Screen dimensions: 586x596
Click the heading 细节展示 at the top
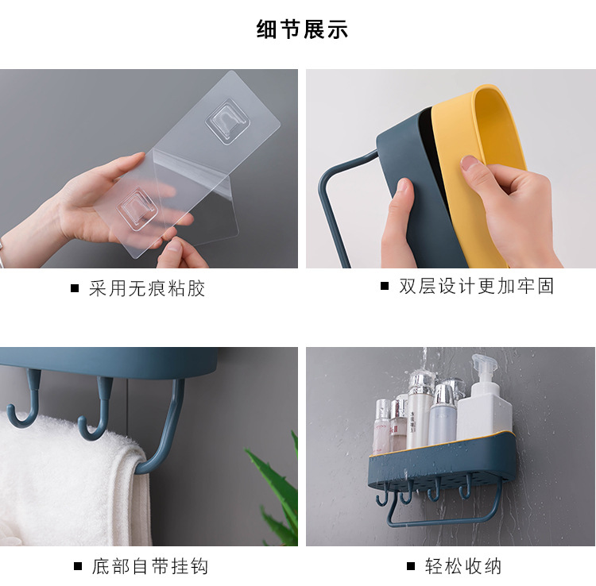tap(302, 30)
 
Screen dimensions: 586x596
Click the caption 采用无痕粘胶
tap(147, 288)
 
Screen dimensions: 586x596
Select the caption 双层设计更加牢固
tap(476, 286)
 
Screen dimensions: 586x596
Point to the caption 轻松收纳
tap(463, 566)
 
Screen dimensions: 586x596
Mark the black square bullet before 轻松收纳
tap(411, 567)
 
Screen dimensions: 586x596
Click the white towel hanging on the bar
tap(64, 476)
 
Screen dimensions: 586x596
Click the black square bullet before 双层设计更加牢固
tap(385, 286)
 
